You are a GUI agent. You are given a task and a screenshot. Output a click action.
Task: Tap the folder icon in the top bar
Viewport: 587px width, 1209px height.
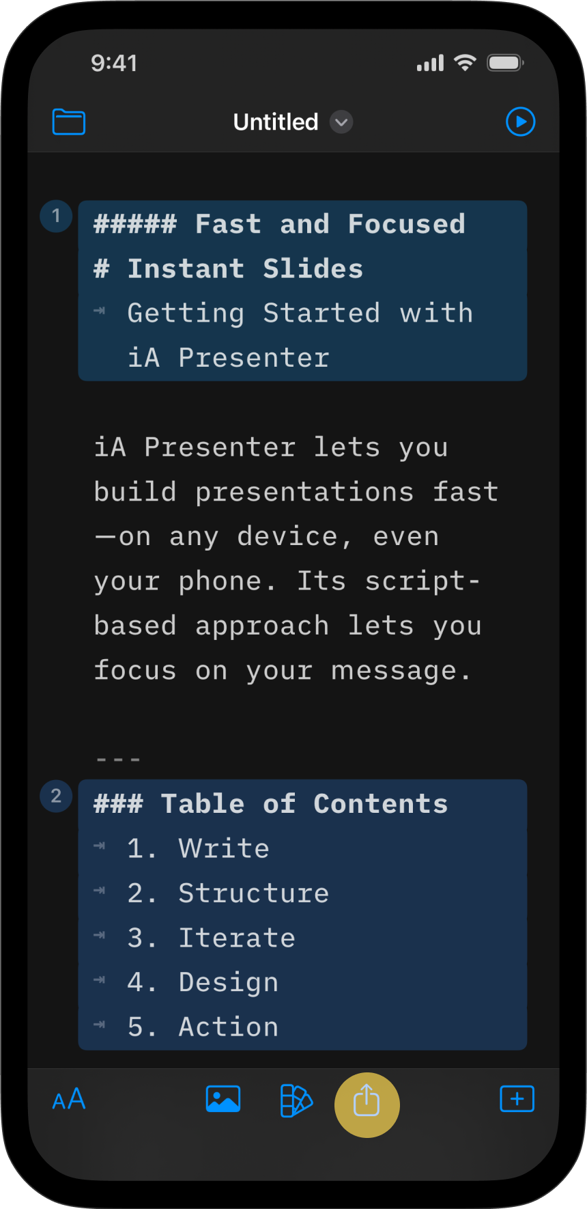coord(69,122)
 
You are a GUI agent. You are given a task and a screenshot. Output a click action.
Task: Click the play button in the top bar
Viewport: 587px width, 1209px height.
coord(521,122)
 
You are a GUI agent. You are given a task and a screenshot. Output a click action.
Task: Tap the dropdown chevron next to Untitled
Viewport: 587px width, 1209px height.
coord(341,122)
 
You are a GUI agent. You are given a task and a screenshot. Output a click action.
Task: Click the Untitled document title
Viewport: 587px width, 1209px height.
coord(276,122)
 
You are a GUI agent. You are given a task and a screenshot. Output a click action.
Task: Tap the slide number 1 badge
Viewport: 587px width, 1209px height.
coord(57,217)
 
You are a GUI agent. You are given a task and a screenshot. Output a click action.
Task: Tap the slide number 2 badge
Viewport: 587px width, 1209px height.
coord(57,796)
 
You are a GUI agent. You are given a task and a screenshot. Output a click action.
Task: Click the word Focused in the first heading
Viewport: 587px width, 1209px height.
coord(407,224)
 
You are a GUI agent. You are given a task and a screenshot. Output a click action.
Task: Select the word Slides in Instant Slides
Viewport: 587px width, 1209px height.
coord(313,269)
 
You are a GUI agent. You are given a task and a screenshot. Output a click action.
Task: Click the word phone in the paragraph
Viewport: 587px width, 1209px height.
coord(220,582)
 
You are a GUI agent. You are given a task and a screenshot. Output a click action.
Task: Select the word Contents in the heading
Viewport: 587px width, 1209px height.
coord(381,804)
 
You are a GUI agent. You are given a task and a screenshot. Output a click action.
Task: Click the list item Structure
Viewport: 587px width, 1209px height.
coord(254,893)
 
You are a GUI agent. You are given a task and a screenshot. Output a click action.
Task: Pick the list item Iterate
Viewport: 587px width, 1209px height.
coord(237,938)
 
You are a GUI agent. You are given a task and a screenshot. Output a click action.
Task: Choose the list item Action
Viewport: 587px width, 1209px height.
coord(229,1027)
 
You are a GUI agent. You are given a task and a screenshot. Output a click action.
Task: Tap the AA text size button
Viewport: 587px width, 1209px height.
coord(69,1099)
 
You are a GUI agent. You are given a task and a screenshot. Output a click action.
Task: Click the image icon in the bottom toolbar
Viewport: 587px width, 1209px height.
coord(223,1099)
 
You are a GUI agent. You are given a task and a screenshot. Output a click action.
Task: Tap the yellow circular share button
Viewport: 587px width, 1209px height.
coord(367,1105)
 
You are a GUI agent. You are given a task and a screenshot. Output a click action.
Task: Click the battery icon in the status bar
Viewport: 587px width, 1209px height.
coord(505,64)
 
